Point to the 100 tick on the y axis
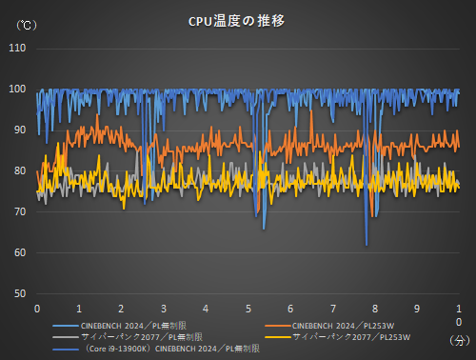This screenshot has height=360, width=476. [x=18, y=90]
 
